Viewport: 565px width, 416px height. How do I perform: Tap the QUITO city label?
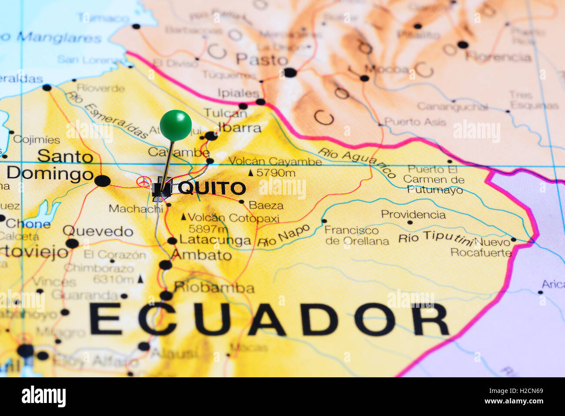coord(212,188)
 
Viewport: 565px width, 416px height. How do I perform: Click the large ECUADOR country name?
coord(269,319)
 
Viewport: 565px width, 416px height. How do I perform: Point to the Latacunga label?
coord(215,240)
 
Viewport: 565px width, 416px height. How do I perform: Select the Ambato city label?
coord(202,255)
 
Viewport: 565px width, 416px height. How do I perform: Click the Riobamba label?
coord(214,287)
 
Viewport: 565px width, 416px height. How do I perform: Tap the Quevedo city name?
coord(98,231)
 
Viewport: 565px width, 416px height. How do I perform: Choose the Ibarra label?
coord(240,128)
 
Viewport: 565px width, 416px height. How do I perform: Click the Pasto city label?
coord(262,60)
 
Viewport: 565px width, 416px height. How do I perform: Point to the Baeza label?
coord(266,205)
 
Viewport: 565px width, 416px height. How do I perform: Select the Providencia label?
coord(413,214)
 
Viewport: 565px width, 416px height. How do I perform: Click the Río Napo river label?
coord(283,236)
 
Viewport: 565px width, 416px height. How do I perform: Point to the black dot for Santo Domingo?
coord(103,181)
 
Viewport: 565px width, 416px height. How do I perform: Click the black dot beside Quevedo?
coord(72,243)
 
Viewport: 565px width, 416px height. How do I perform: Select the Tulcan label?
coord(225,113)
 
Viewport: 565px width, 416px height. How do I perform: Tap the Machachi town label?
coord(136,209)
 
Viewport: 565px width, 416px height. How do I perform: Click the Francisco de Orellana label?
coord(357,236)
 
